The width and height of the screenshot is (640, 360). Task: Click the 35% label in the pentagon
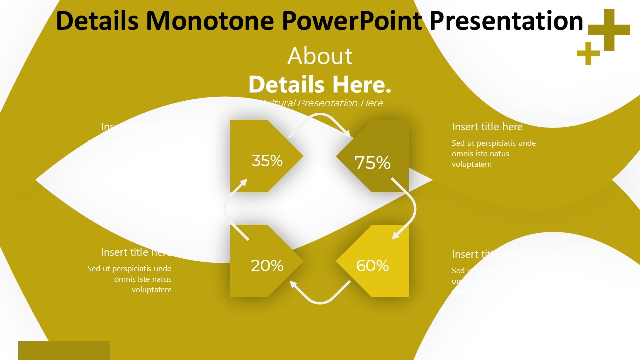pyautogui.click(x=267, y=161)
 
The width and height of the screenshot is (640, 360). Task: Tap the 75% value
pyautogui.click(x=372, y=163)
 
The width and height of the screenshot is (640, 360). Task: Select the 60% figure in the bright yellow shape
pyautogui.click(x=372, y=266)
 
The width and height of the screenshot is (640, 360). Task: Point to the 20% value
pyautogui.click(x=267, y=266)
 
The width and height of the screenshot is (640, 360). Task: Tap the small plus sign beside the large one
pyautogui.click(x=588, y=53)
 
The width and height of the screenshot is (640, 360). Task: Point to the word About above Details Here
pyautogui.click(x=320, y=56)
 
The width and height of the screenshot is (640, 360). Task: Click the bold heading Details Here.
pyautogui.click(x=320, y=84)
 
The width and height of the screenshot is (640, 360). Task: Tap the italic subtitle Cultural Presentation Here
pyautogui.click(x=321, y=103)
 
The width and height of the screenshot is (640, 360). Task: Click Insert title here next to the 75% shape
pyautogui.click(x=487, y=127)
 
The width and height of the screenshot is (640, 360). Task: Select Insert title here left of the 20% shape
pyautogui.click(x=136, y=252)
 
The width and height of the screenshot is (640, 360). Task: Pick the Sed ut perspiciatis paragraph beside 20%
pyautogui.click(x=130, y=279)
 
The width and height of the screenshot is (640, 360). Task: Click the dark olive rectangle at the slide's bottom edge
pyautogui.click(x=64, y=350)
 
